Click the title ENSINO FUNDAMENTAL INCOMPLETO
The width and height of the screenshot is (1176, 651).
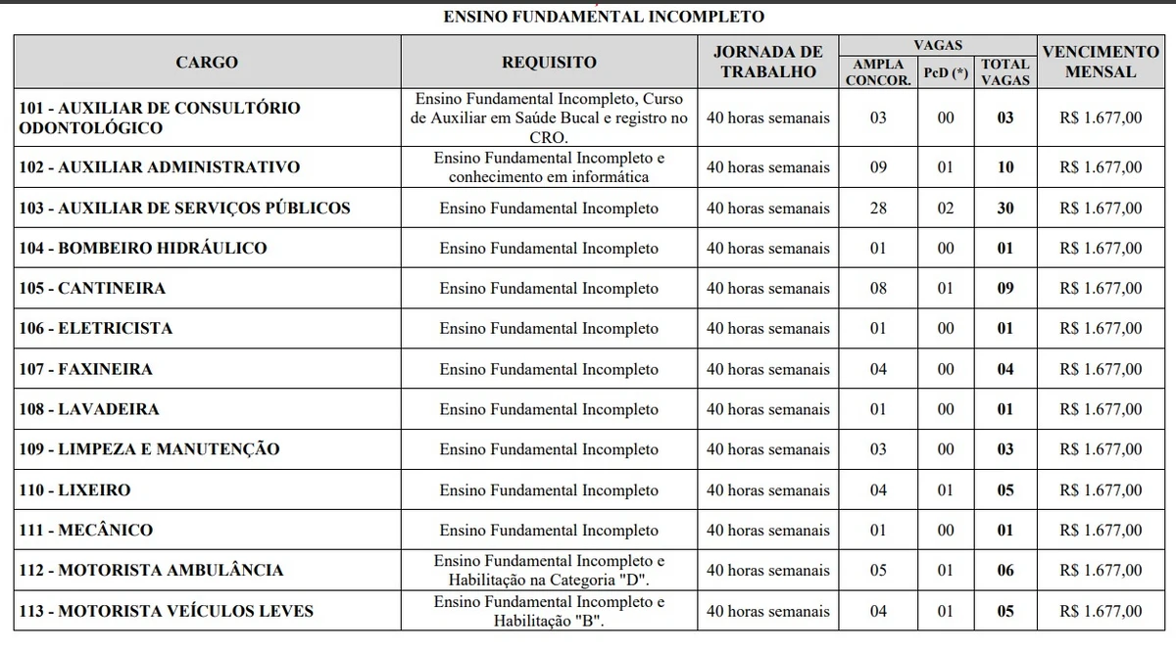tap(603, 17)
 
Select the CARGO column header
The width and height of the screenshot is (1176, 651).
tap(207, 63)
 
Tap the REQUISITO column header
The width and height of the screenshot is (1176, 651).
tap(549, 63)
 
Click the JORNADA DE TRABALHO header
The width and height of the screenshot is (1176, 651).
tap(768, 62)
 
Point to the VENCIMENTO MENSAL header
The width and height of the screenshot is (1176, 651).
tap(1101, 62)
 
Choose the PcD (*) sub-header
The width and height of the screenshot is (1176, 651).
tap(946, 72)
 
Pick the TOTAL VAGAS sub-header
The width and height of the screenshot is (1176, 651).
tap(1005, 72)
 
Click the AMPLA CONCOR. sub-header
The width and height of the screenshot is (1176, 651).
tap(878, 72)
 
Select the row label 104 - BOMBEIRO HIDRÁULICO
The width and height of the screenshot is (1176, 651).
tap(143, 249)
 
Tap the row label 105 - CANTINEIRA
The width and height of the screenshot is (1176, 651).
tap(92, 289)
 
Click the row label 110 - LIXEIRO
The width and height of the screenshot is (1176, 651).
tap(74, 490)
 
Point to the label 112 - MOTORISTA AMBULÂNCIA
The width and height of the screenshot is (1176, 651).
tap(151, 571)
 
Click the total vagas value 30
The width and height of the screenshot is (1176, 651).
tap(1005, 209)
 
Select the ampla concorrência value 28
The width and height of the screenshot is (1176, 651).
tap(878, 209)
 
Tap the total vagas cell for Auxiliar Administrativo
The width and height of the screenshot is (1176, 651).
tap(1005, 167)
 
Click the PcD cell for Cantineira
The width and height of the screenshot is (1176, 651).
tap(946, 289)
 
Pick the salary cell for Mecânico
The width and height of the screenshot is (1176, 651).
tap(1101, 531)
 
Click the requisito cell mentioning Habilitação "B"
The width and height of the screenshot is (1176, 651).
tap(549, 611)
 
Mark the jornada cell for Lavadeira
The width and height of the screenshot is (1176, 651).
tap(768, 409)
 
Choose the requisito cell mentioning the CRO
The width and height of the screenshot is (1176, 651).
tap(549, 117)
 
